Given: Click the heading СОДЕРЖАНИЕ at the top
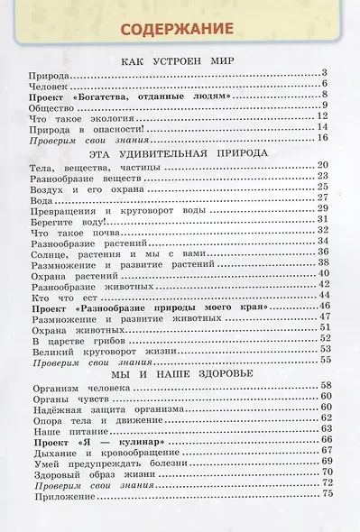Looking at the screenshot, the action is click(x=180, y=26).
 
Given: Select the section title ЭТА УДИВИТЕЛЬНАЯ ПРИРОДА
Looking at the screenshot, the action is click(x=180, y=153).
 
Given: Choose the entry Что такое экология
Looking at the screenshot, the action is click(x=73, y=116).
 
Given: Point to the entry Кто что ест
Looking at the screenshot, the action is click(x=58, y=297).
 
